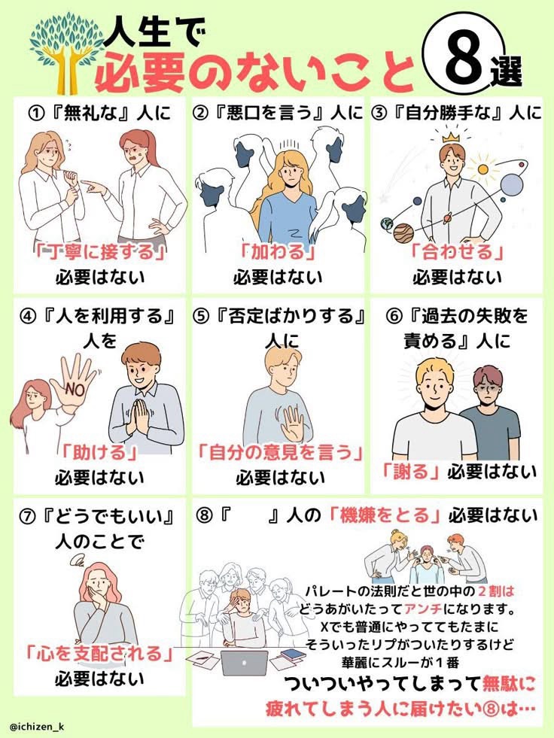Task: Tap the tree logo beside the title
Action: tap(67, 53)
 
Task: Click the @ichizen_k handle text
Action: tap(36, 727)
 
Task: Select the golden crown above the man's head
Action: tap(451, 137)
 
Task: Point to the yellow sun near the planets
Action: tap(482, 169)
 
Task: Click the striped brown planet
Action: tap(403, 233)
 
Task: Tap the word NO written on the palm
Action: tap(75, 389)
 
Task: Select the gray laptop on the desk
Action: tap(244, 662)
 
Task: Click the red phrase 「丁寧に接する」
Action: tap(99, 252)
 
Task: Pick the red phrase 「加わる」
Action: tap(278, 252)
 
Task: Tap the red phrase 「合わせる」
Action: tap(456, 252)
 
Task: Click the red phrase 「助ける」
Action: tap(99, 452)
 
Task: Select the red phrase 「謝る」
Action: tap(410, 471)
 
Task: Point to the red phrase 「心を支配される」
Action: tap(99, 653)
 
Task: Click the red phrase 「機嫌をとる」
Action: tap(385, 515)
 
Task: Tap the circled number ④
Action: tap(28, 316)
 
